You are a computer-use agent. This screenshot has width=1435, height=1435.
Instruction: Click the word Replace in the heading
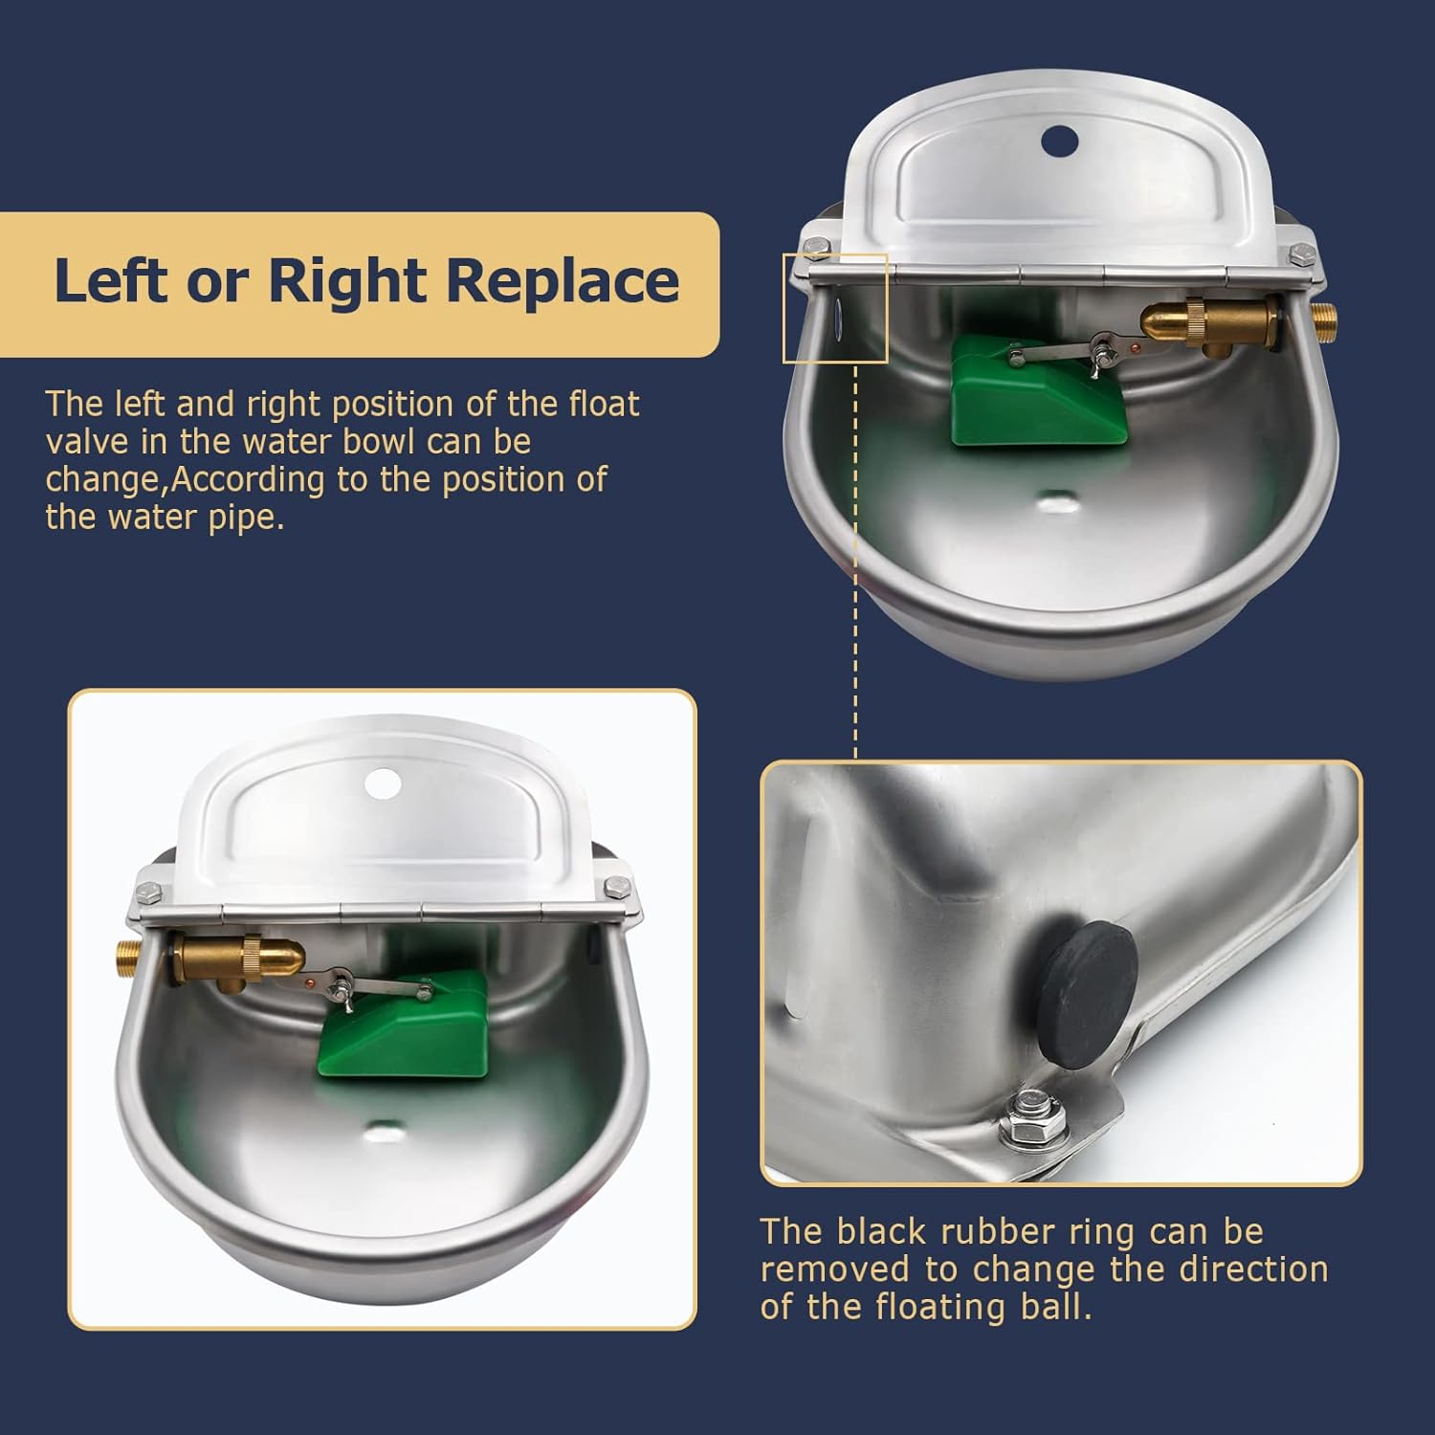point(563,281)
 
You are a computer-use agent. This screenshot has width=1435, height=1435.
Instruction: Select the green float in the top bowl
point(1039,390)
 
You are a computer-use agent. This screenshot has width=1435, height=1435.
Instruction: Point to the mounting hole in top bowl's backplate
point(1059,142)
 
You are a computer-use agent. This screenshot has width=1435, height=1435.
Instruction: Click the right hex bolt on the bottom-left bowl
point(612,886)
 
